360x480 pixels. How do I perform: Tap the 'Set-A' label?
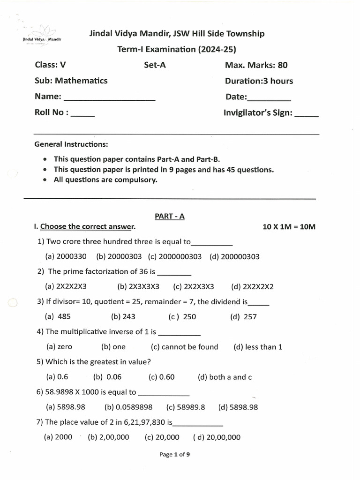(155, 65)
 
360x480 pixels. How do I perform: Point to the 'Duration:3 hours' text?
(259, 81)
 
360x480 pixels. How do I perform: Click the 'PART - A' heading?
(170, 216)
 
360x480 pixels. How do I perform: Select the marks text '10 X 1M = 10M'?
(289, 227)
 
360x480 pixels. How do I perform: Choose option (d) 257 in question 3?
(243, 316)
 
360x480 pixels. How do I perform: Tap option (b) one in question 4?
(113, 347)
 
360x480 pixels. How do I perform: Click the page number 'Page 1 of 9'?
(174, 454)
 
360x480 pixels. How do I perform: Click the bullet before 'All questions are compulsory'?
(45, 180)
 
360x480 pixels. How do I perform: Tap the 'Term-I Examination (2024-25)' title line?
(177, 49)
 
